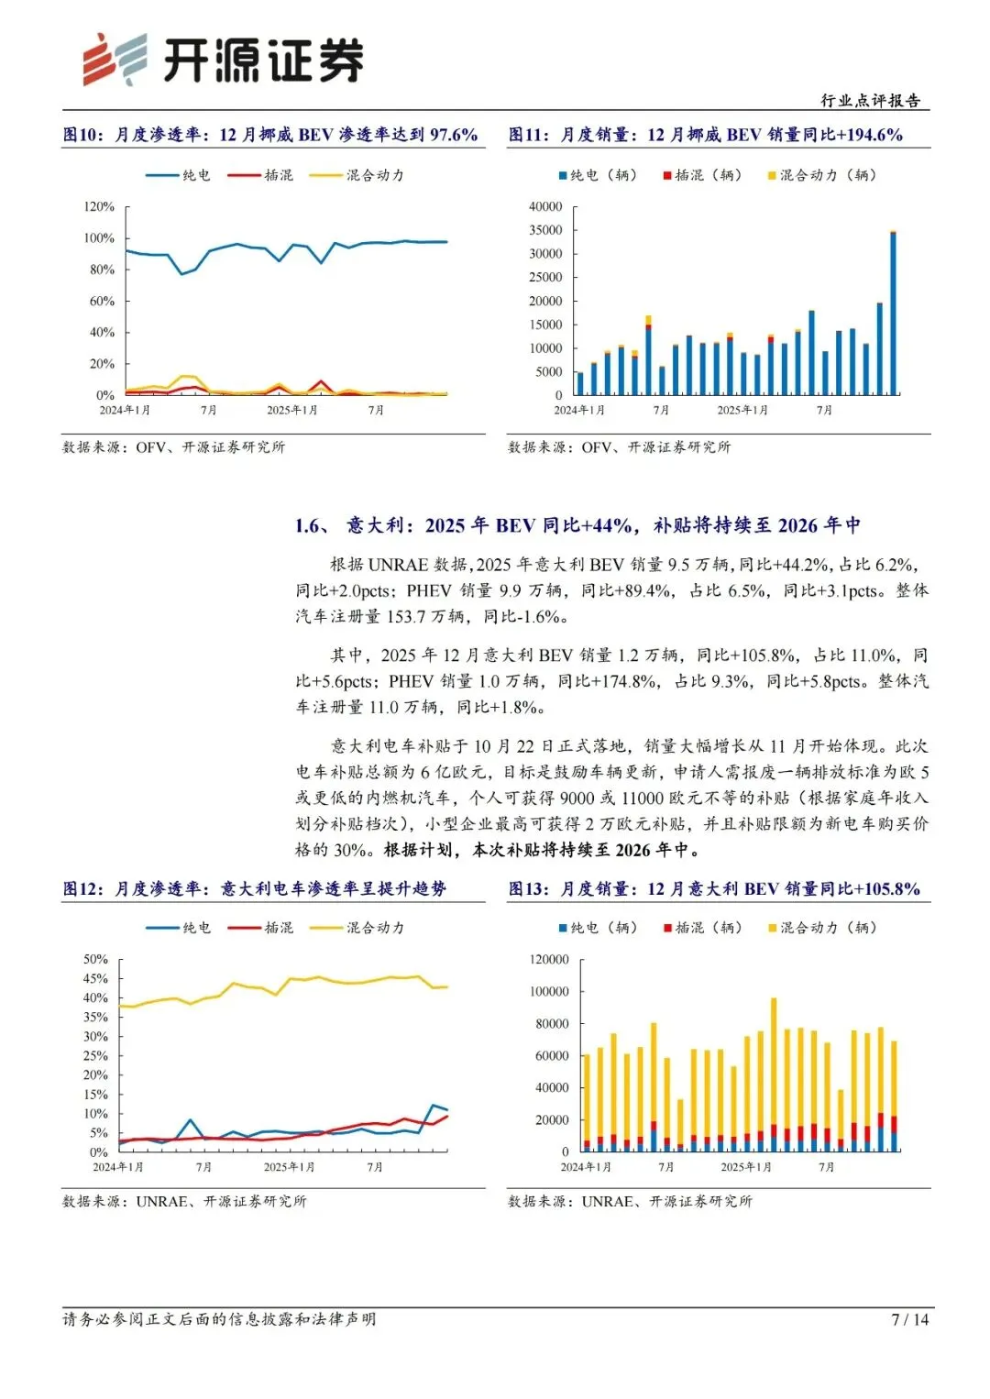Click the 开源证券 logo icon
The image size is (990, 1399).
click(x=115, y=60)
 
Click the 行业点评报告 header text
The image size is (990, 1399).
click(x=870, y=101)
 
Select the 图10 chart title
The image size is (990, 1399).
click(x=270, y=135)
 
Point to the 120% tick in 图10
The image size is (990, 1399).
click(x=99, y=207)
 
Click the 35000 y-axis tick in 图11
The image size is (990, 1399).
click(x=545, y=230)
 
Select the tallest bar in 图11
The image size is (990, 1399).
click(x=893, y=314)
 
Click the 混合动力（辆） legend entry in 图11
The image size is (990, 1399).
click(x=822, y=175)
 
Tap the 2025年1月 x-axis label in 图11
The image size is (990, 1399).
click(x=742, y=410)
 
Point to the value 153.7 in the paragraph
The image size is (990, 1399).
click(x=405, y=616)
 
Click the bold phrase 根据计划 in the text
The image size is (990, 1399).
click(x=418, y=850)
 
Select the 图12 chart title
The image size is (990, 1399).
click(x=255, y=888)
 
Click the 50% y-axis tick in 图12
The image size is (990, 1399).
click(x=95, y=960)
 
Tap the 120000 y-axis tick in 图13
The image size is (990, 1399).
click(x=549, y=960)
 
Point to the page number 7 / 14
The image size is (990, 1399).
click(x=909, y=1319)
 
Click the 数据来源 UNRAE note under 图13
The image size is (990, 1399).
click(x=630, y=1201)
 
